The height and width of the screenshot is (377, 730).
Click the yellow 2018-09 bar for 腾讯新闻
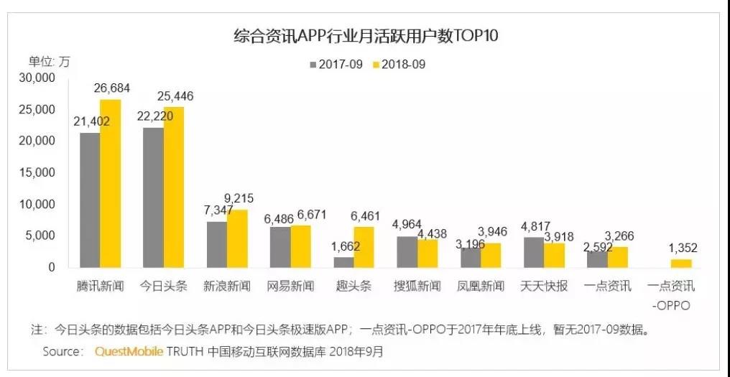(111, 184)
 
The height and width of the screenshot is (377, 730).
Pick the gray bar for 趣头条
(343, 262)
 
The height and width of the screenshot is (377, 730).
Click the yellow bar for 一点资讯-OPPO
(682, 263)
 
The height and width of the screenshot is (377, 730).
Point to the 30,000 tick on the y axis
(37, 78)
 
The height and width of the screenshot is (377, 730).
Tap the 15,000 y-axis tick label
(37, 172)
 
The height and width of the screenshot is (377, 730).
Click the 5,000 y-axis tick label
(40, 236)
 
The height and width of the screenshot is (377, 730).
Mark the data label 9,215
(238, 198)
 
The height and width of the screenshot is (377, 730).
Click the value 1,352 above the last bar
(682, 248)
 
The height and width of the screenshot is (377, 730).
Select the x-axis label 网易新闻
(290, 286)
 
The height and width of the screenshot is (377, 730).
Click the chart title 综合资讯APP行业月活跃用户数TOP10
(366, 35)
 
